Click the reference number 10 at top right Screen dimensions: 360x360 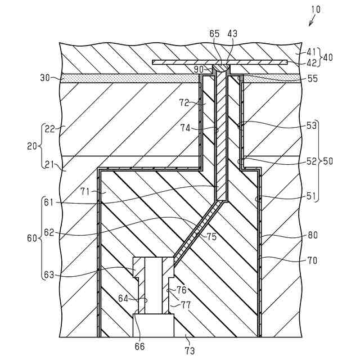(x=315, y=9)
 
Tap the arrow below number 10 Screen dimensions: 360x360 (x=311, y=22)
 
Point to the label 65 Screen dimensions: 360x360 (x=215, y=34)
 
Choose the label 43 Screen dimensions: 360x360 (x=232, y=34)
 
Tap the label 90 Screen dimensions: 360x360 (x=199, y=69)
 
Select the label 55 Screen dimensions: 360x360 (x=313, y=79)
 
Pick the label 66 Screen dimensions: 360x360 (x=139, y=346)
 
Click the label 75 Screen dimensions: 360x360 (x=211, y=237)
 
